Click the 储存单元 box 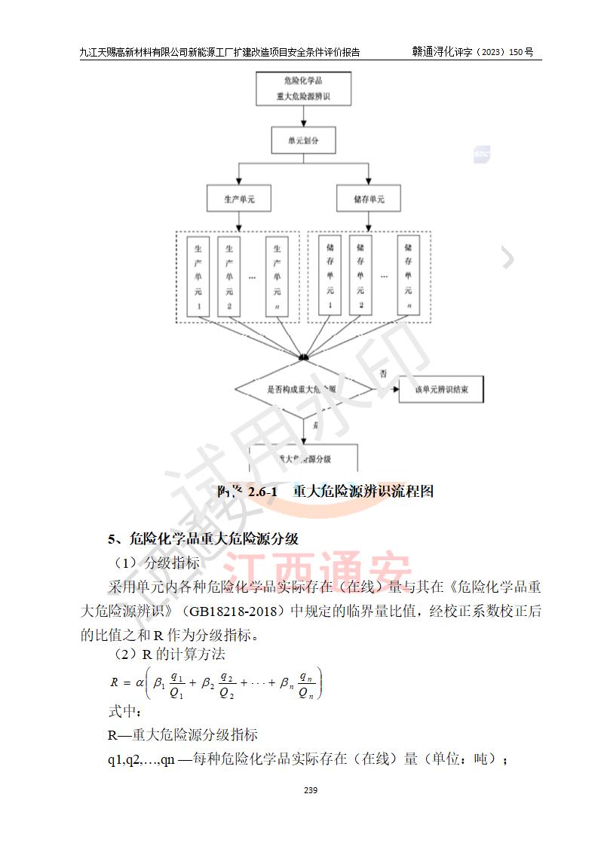[369, 199]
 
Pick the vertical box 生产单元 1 [198, 275]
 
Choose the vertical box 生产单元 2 [229, 275]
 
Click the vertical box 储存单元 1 [330, 275]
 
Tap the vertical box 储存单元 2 [360, 275]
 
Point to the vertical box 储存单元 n [408, 275]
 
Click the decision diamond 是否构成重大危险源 [303, 390]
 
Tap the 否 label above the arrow [384, 374]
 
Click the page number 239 [310, 790]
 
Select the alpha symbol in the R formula [139, 682]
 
